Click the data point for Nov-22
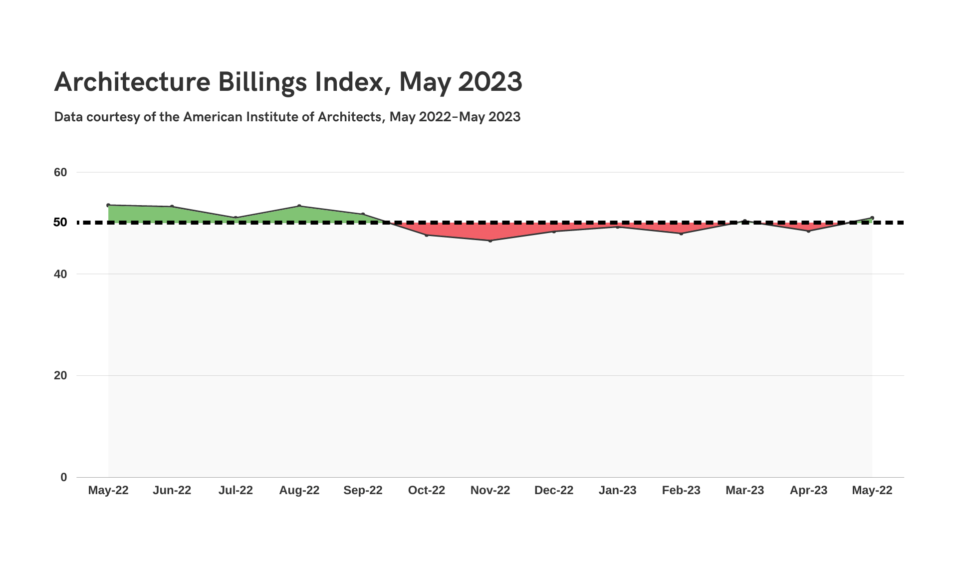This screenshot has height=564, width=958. click(490, 241)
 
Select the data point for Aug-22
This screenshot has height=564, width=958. click(299, 206)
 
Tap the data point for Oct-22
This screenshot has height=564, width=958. click(427, 235)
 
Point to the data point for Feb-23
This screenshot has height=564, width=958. click(681, 234)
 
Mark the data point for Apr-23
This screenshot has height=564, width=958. click(808, 231)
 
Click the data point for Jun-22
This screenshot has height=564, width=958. click(172, 207)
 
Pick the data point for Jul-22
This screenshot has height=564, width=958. click(236, 218)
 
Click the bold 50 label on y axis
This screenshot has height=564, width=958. click(60, 222)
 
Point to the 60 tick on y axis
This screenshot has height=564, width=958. click(60, 172)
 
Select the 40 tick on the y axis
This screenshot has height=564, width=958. click(60, 274)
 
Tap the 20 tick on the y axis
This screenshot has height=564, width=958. click(60, 375)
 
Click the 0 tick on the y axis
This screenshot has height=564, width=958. click(63, 477)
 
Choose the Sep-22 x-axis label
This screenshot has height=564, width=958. click(363, 490)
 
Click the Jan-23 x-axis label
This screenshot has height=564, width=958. click(617, 490)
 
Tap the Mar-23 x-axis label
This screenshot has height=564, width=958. click(744, 490)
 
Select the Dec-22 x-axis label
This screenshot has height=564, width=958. click(554, 490)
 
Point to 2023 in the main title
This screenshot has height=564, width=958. click(490, 81)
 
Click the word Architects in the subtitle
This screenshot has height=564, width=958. click(350, 117)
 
